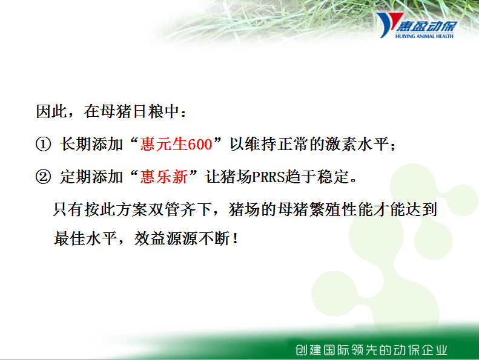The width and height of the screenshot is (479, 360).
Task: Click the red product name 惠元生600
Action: click(x=176, y=144)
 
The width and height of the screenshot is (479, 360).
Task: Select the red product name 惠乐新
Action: click(x=164, y=177)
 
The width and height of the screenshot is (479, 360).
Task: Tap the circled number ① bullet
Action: click(x=43, y=144)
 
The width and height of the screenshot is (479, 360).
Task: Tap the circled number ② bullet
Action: click(x=43, y=177)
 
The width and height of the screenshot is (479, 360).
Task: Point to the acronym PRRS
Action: click(x=268, y=177)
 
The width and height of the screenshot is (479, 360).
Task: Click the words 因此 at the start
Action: click(x=51, y=111)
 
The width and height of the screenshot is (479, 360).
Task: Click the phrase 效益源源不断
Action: click(x=182, y=238)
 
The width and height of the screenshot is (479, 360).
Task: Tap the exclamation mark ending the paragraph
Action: click(x=235, y=238)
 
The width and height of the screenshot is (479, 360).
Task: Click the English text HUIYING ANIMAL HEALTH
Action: click(x=424, y=36)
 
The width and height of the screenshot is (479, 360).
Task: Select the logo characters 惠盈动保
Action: click(x=426, y=26)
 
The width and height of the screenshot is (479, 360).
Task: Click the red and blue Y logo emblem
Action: click(x=389, y=24)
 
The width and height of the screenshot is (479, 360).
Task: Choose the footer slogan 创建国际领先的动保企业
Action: click(x=371, y=350)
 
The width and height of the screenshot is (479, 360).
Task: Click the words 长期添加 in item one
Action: click(x=91, y=144)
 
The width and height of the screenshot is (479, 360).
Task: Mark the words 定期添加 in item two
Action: click(x=91, y=177)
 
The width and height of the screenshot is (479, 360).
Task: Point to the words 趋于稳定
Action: click(x=317, y=177)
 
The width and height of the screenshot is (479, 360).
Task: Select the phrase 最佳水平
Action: click(x=85, y=238)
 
